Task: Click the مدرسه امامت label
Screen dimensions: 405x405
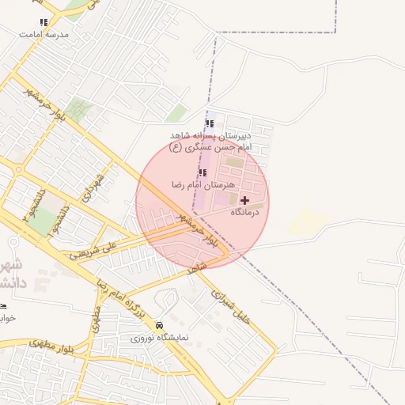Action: pos(44,35)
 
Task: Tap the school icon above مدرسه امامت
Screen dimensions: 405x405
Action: pos(44,23)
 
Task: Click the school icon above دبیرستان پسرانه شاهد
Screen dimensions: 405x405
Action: pos(210,123)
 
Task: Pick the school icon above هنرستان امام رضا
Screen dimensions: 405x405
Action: pos(203,172)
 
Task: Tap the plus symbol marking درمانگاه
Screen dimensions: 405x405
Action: pos(244,201)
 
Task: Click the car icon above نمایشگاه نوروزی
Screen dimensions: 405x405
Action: pos(160,325)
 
